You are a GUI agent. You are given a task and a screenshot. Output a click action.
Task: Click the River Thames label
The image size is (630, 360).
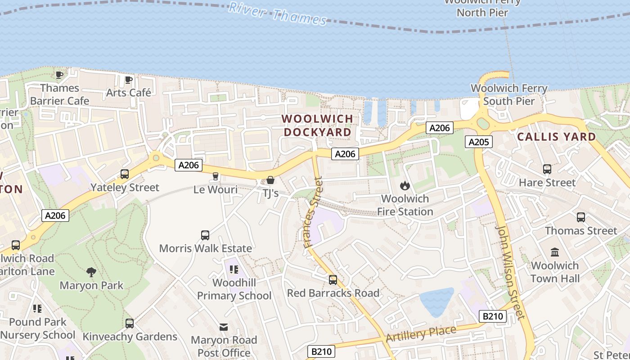pyautogui.click(x=278, y=13)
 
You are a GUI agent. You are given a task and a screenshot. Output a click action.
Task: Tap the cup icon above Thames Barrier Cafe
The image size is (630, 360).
pyautogui.click(x=59, y=74)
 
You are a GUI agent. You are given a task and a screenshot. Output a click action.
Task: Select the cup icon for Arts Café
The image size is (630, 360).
pyautogui.click(x=128, y=80)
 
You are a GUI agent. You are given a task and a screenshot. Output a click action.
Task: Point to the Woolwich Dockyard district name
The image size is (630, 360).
pyautogui.click(x=317, y=126)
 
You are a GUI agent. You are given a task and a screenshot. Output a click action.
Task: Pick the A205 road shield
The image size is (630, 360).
pyautogui.click(x=478, y=142)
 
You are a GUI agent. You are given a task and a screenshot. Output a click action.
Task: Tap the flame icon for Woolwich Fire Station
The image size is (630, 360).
pyautogui.click(x=405, y=185)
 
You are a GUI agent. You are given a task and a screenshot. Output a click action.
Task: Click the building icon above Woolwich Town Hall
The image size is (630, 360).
pyautogui.click(x=554, y=252)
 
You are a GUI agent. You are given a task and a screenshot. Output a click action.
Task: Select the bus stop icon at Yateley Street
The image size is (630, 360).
pyautogui.click(x=125, y=174)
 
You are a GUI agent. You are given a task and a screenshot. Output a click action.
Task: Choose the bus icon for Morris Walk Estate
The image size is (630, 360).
pyautogui.click(x=205, y=235)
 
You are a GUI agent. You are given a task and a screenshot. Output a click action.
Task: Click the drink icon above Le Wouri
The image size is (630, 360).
pyautogui.click(x=216, y=176)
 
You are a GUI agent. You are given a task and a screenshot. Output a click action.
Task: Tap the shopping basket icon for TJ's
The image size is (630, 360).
pyautogui.click(x=270, y=180)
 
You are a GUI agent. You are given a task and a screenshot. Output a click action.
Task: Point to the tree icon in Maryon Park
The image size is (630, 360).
pyautogui.click(x=91, y=272)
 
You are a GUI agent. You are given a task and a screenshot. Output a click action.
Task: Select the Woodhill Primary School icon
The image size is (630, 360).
pyautogui.click(x=234, y=270)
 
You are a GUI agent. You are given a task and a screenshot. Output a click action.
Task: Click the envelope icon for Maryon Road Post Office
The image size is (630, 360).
pyautogui.click(x=224, y=327)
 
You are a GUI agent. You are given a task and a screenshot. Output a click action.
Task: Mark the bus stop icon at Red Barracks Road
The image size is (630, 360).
pyautogui.click(x=333, y=280)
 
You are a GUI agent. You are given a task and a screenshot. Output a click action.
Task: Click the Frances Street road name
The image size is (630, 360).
pyautogui.click(x=313, y=213)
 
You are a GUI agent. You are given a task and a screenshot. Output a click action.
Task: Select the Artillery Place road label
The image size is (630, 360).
pyautogui.click(x=421, y=333)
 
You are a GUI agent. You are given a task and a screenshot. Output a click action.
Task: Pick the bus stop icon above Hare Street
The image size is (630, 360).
pyautogui.click(x=547, y=169)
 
